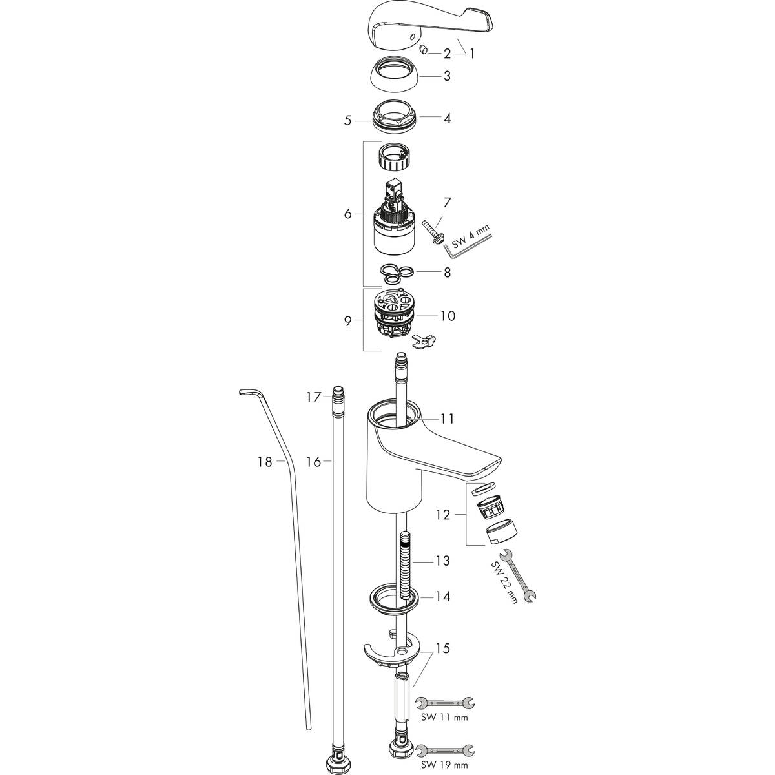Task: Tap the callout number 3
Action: tap(446, 76)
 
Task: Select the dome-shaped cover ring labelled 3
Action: tap(396, 76)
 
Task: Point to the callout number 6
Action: tap(348, 214)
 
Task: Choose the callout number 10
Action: tap(448, 316)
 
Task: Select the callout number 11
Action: tap(447, 418)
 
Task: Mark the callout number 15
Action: tap(443, 648)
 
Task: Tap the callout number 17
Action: tap(313, 397)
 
